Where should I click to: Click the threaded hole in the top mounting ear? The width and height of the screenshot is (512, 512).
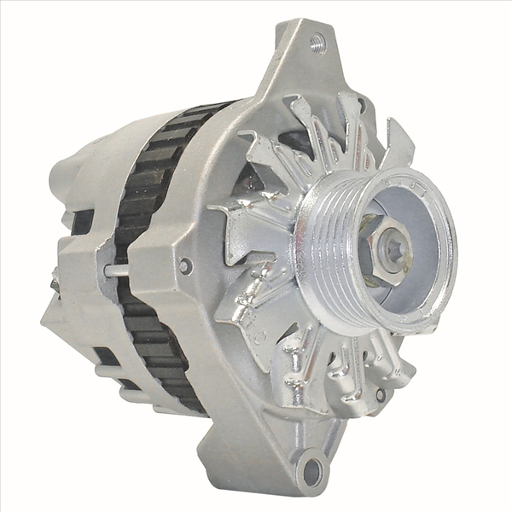(x=317, y=39)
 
